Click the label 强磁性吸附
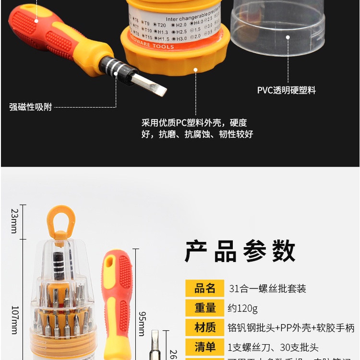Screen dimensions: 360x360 [31, 107]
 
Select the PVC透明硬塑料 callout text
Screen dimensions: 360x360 [287, 90]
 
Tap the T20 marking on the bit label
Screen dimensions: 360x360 [161, 25]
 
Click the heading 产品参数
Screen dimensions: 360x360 [240, 251]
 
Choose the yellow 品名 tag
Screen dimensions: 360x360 [205, 288]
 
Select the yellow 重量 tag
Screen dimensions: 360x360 [205, 308]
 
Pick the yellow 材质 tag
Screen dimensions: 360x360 [205, 328]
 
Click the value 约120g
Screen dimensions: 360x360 [243, 308]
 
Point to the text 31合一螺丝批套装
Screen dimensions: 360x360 [267, 288]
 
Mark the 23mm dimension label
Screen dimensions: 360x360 [14, 221]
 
